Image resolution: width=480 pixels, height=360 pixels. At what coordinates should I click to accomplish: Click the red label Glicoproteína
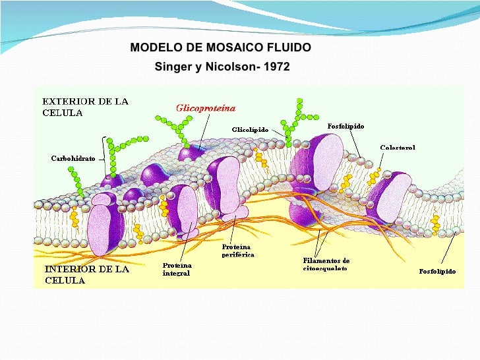pos(205,107)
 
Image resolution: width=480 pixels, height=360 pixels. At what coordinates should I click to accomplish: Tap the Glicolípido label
pos(250,130)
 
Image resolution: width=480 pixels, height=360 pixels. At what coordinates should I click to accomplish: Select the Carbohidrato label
pos(73,159)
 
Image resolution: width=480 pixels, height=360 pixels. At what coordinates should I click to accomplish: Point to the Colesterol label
pos(398,148)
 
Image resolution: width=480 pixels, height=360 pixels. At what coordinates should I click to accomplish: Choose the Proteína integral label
pos(176,269)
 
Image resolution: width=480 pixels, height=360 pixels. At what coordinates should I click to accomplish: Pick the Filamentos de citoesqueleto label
pos(322,264)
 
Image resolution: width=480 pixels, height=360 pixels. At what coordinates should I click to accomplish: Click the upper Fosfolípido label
pos(345,125)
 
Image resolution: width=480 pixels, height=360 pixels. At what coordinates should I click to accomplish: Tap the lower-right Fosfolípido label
pos(437,271)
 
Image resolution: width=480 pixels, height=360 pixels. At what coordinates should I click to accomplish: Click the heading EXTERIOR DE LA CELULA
pos(85,107)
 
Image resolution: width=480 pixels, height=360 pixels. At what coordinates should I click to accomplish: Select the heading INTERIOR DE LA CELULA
pos(86,274)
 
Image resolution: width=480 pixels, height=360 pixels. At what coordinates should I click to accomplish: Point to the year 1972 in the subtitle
pos(276,67)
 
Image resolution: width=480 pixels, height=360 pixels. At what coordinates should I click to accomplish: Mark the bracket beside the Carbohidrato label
pos(104,157)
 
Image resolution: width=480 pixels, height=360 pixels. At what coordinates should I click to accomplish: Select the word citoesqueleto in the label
pos(324,268)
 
